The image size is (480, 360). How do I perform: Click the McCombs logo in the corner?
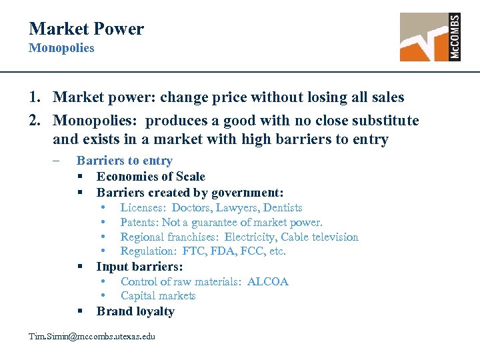[430, 37]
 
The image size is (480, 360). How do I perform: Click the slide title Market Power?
[86, 29]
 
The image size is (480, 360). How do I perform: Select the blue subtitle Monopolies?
[61, 48]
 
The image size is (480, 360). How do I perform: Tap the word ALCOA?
[268, 281]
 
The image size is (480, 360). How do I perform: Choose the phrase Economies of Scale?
[151, 177]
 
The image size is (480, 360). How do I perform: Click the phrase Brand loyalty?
[135, 311]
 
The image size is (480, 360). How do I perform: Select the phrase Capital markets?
[158, 295]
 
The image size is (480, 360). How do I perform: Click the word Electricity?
[249, 237]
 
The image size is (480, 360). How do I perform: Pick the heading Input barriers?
[139, 267]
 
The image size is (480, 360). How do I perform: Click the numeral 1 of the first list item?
[33, 97]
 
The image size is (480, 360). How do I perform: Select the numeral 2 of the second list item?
[33, 121]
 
